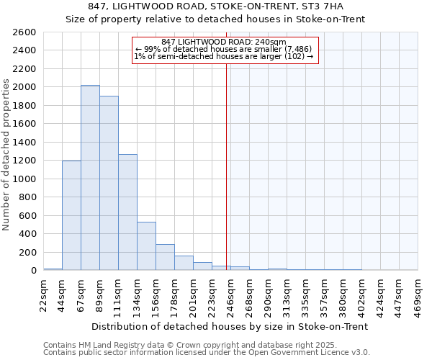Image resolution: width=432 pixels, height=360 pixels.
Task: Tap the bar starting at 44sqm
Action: click(x=71, y=215)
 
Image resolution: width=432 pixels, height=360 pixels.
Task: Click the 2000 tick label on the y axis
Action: click(x=25, y=87)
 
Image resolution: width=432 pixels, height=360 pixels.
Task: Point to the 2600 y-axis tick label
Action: click(x=25, y=32)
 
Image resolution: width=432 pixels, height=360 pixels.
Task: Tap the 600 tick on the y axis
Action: click(x=28, y=215)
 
